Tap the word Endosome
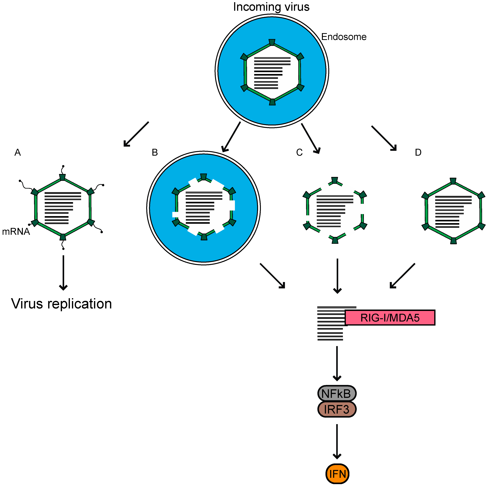344,37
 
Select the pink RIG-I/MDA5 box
390,318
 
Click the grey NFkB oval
337,393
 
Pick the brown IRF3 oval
337,409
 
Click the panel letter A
17,152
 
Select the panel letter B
155,152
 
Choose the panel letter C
299,152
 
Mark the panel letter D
418,152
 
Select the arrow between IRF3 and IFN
337,441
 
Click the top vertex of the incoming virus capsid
272,42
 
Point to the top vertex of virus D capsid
453,181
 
